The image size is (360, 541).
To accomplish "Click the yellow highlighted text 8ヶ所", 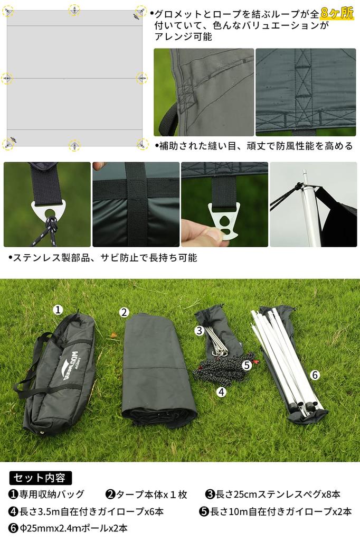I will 337,13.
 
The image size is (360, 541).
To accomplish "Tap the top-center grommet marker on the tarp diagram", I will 74,10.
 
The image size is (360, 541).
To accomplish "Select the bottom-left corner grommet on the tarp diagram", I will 7,143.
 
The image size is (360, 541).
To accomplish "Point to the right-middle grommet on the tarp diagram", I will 142,78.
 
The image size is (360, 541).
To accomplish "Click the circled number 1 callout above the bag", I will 59,309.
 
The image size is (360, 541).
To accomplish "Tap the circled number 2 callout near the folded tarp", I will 124,312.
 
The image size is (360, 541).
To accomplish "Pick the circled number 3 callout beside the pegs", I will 199,331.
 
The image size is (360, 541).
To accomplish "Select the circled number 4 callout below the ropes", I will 222,391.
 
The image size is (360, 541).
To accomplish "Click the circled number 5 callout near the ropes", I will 247,365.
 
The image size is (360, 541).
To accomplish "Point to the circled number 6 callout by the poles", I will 315,375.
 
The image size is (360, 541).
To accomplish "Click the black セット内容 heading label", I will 40,478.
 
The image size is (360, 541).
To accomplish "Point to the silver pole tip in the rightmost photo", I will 304,174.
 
